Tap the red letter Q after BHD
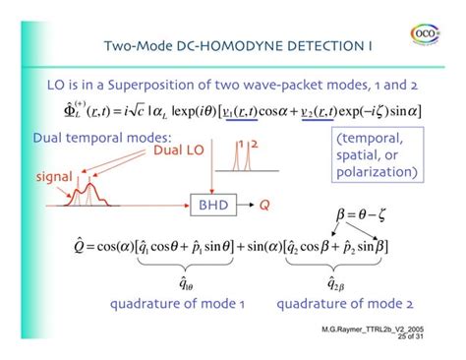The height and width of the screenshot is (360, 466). [265, 206]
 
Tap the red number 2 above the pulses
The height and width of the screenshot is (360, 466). [253, 145]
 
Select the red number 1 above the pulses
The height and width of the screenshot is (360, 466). [239, 145]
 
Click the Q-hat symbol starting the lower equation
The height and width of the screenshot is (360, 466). [79, 242]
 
